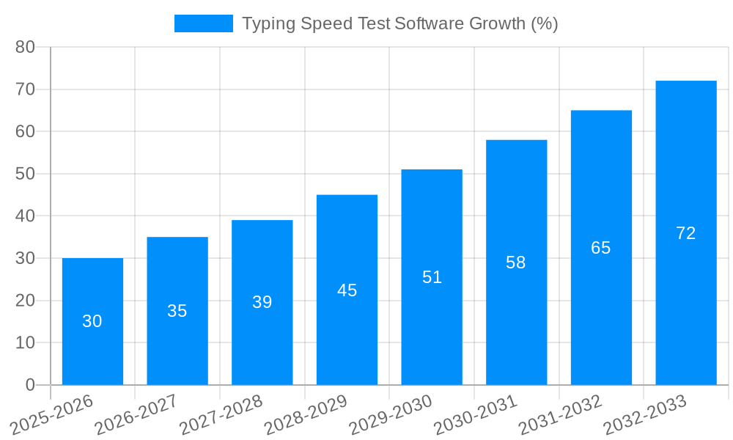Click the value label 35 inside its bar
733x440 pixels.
coord(177,311)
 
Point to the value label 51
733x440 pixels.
coord(432,277)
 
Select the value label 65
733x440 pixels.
coord(601,248)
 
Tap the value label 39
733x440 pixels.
coord(262,302)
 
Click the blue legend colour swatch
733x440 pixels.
coord(203,23)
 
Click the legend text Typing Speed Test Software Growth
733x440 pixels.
coord(399,23)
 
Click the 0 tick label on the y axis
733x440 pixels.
coord(30,385)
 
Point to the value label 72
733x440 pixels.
coord(685,233)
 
